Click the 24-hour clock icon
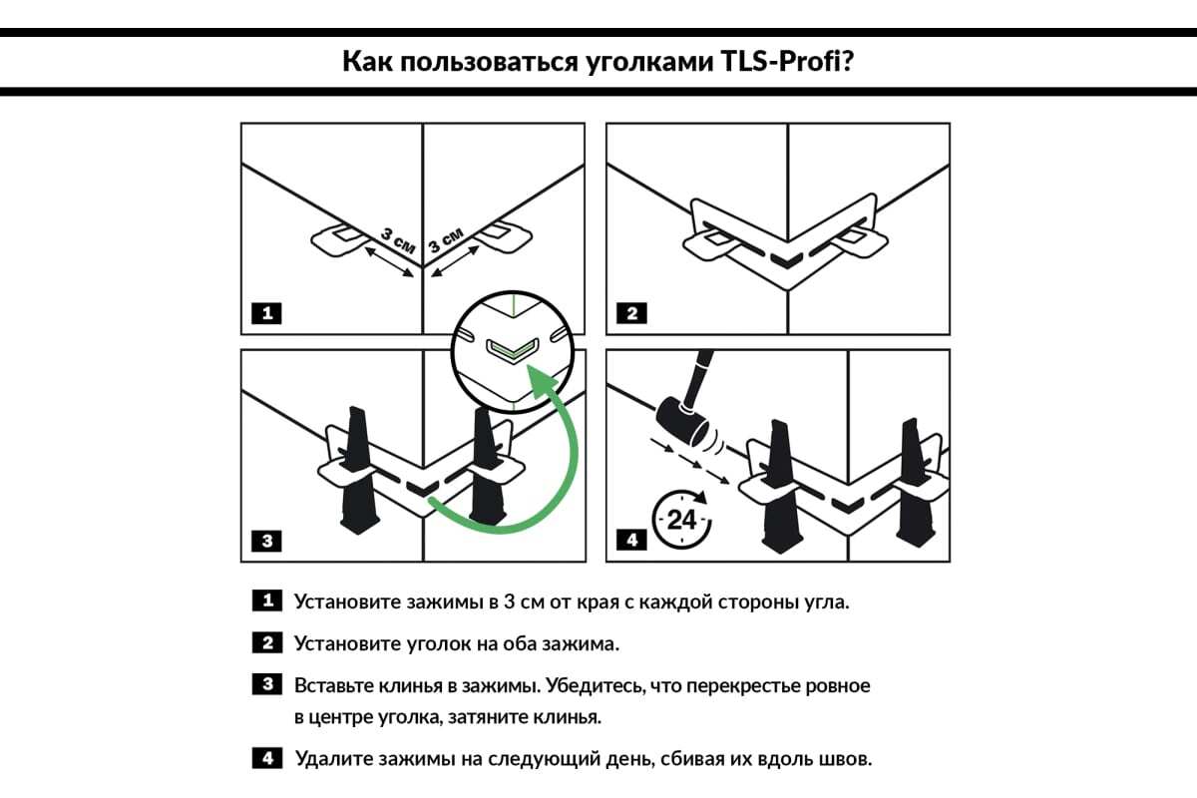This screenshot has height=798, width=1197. (x=680, y=519)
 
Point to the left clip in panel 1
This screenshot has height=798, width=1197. (x=339, y=238)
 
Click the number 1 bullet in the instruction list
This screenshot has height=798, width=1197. (x=267, y=601)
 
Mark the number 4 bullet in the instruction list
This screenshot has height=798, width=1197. (x=267, y=759)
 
